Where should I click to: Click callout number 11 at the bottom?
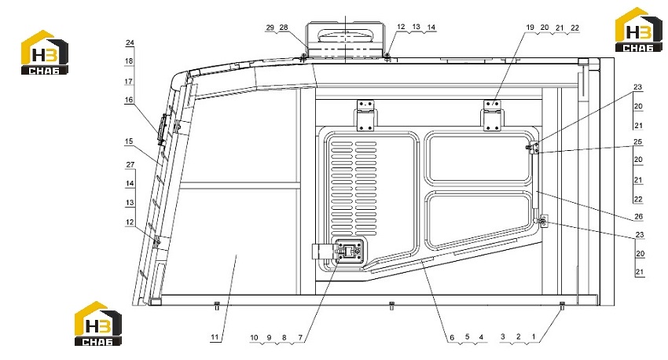tap(215, 337)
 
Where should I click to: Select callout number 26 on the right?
tap(638, 216)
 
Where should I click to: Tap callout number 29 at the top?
tap(270, 28)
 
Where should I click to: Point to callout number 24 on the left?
tap(130, 42)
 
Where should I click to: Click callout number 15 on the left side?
tap(129, 141)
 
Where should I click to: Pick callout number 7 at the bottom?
tap(300, 337)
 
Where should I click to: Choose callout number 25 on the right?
tap(638, 141)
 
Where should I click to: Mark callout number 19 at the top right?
tap(530, 28)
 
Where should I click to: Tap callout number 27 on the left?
tap(130, 164)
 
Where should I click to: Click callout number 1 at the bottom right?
tap(534, 336)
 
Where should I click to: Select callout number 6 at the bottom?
tap(452, 337)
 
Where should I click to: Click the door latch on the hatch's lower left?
tap(349, 251)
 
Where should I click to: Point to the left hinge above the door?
tap(365, 116)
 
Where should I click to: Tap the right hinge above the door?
tap(492, 116)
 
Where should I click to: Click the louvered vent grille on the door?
tap(354, 189)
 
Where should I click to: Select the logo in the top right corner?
tap(638, 30)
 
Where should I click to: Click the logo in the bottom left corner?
tap(98, 323)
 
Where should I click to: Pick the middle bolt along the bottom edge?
tap(392, 305)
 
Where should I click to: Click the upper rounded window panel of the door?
tap(479, 158)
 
